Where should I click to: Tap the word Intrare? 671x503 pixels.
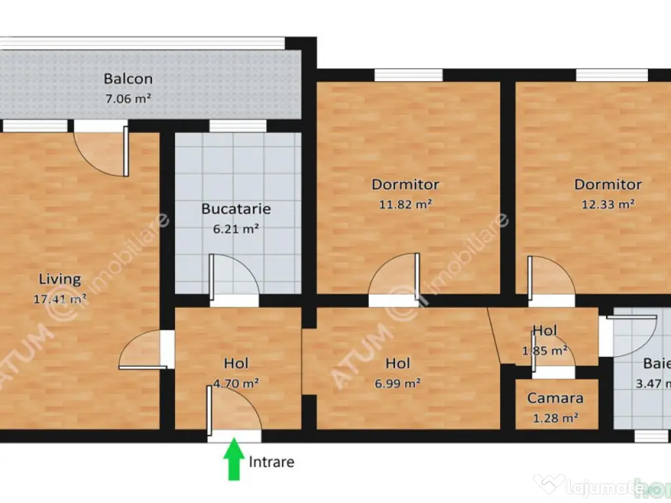pos(271,462)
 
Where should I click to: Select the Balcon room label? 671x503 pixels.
pos(128,79)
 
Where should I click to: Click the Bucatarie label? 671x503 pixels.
pos(235,210)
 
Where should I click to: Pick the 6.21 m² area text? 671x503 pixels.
pos(235,229)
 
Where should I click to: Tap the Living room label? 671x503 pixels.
pos(60,280)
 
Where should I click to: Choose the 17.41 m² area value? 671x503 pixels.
pos(60,299)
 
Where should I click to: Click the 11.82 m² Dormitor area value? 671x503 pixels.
pos(405,204)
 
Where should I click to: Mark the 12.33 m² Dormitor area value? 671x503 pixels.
pos(607,204)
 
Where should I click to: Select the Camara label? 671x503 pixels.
pos(555,398)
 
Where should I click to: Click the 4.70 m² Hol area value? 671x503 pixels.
pos(235,384)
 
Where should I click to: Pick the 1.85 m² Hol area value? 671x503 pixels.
pos(545,350)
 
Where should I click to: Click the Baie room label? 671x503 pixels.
pos(656,363)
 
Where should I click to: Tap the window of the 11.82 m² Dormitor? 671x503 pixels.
pos(408,75)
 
